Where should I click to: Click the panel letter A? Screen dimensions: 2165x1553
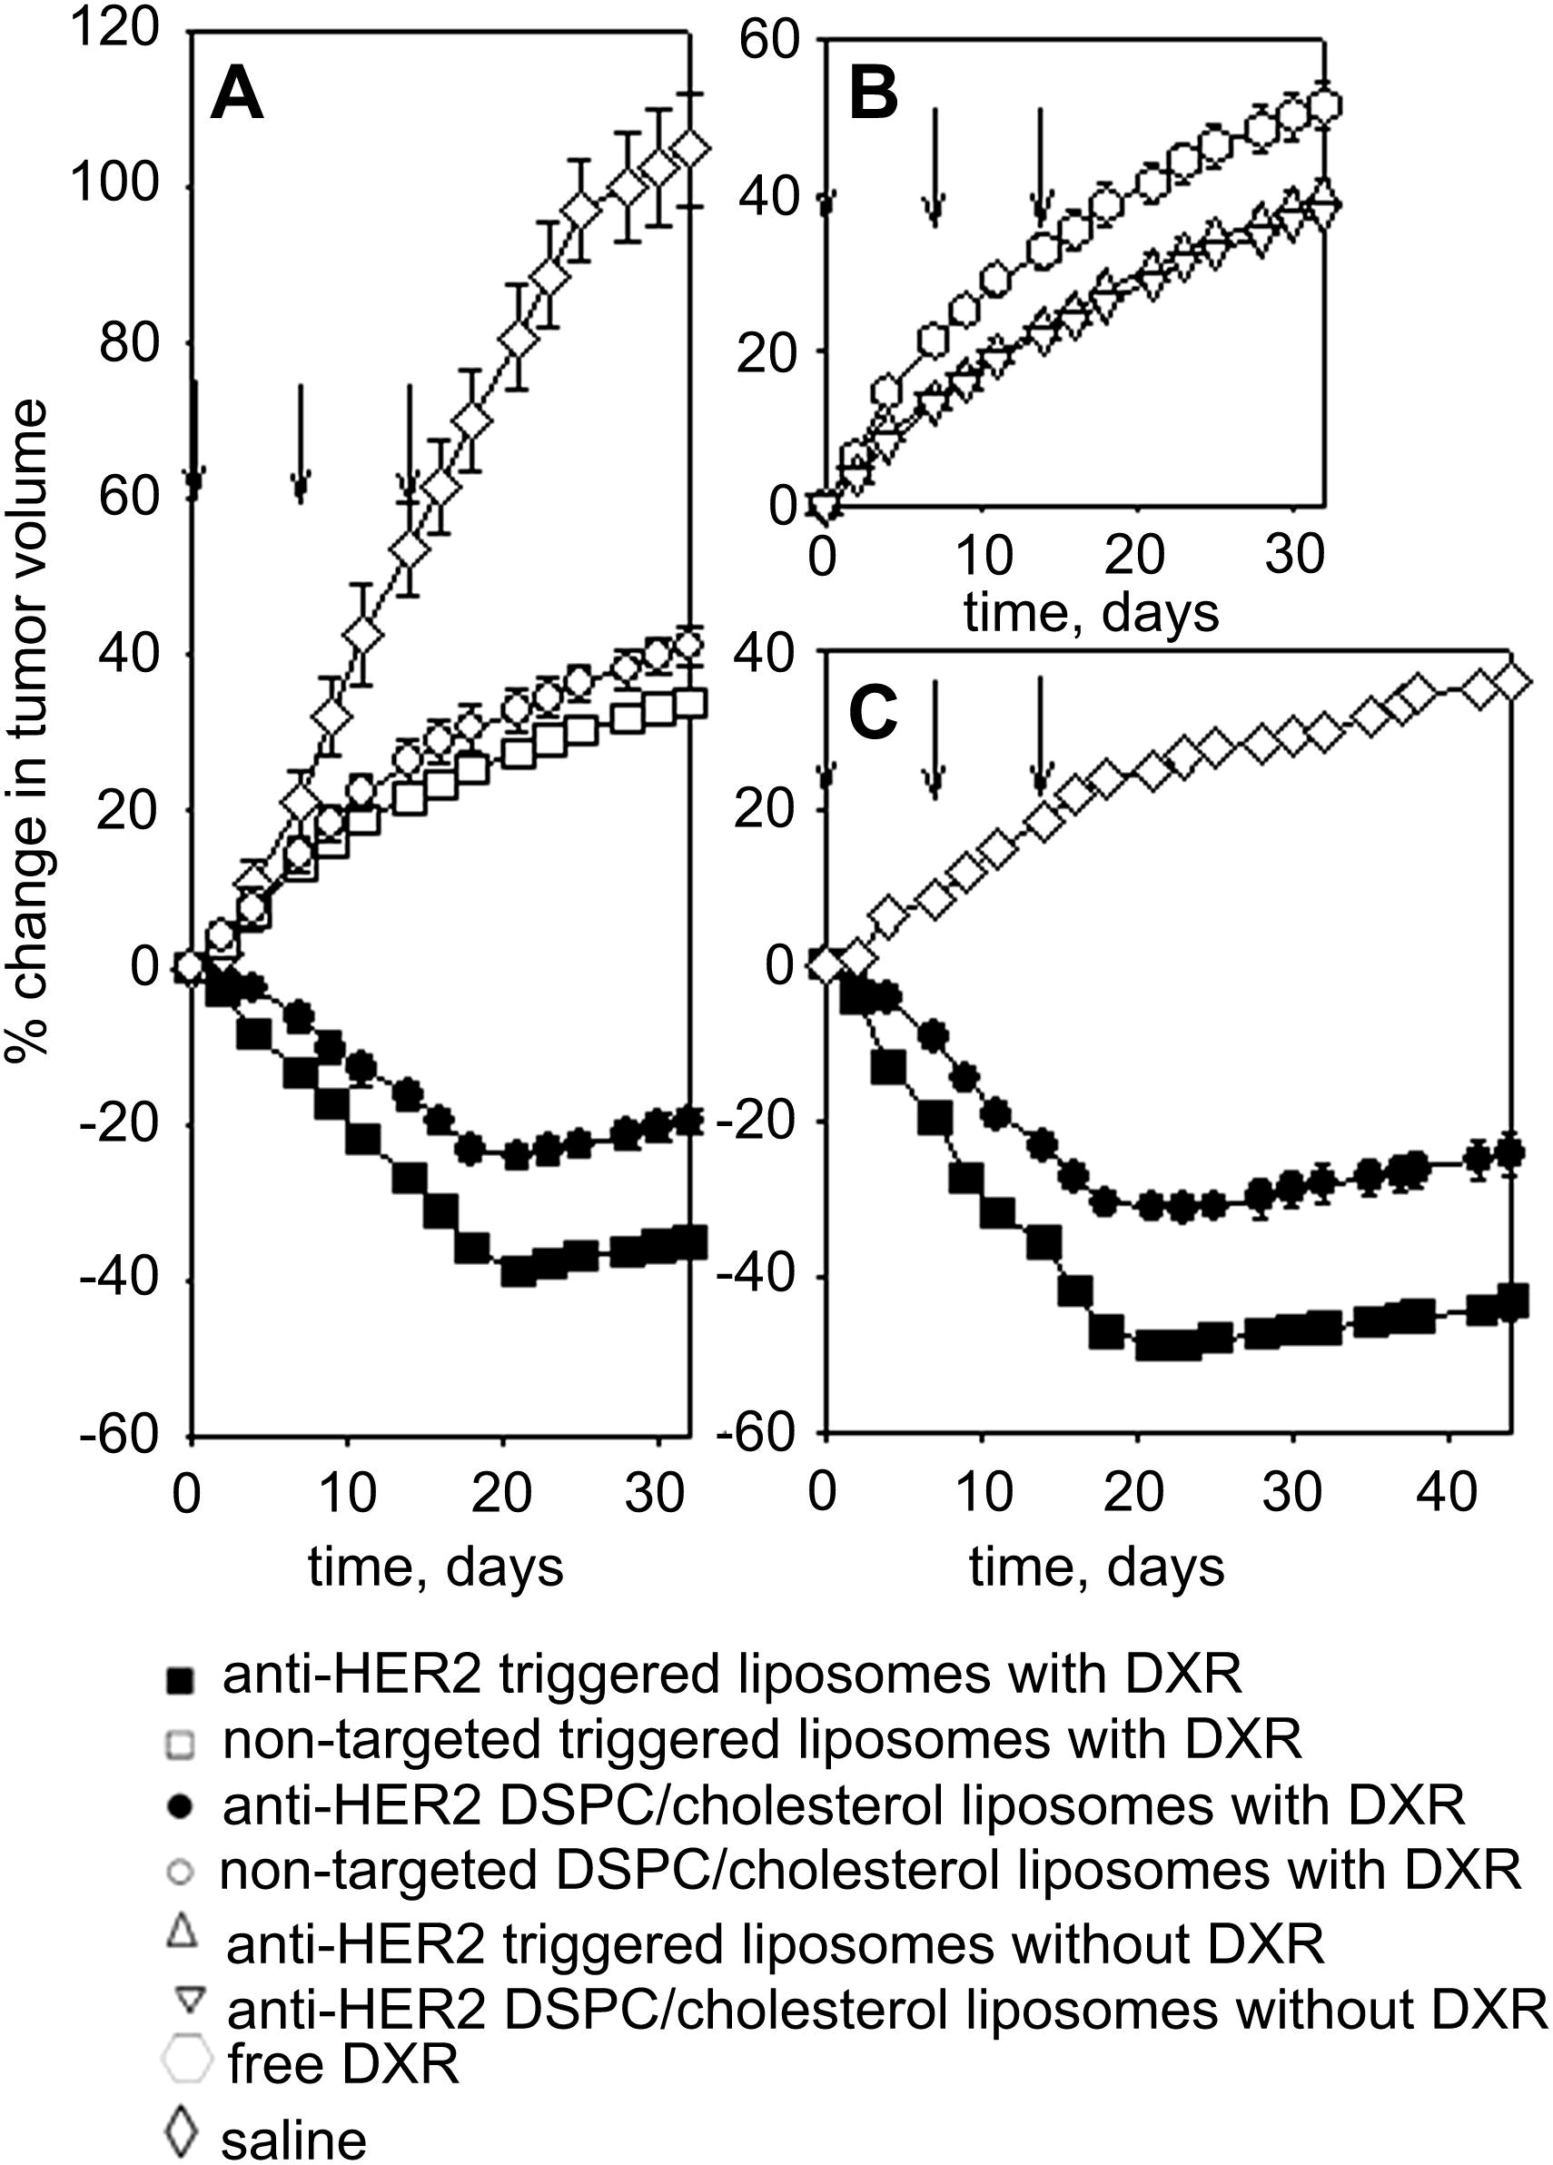click(237, 97)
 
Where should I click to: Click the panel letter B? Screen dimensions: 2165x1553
click(874, 97)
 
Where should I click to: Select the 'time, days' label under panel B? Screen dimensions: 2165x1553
click(1091, 612)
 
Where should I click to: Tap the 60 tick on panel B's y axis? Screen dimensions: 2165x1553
click(767, 43)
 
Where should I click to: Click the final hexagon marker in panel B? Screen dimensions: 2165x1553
click(1324, 105)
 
